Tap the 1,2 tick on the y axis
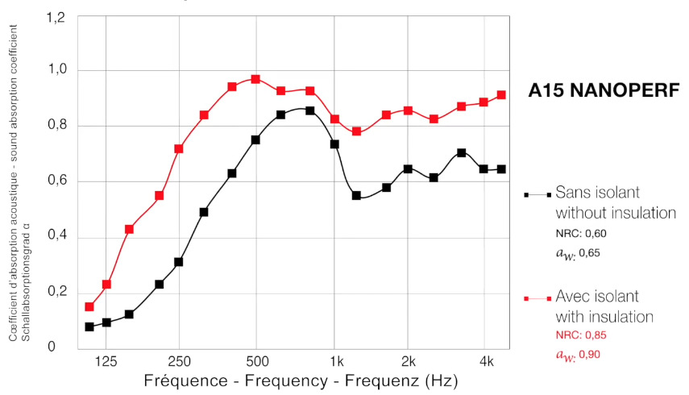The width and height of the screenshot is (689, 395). (55, 17)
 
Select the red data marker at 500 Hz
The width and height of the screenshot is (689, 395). (255, 79)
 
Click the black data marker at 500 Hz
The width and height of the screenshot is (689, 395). (255, 139)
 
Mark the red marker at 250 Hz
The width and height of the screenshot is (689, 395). (179, 149)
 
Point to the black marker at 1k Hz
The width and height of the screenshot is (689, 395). (334, 144)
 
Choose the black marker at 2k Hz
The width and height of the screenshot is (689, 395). (408, 169)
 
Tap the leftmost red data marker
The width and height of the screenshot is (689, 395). (89, 307)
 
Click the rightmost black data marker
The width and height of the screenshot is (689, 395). (501, 169)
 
